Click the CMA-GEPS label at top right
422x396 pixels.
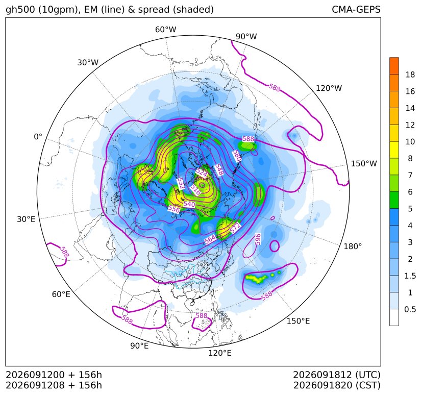[x=356, y=9]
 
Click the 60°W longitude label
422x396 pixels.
[x=165, y=30]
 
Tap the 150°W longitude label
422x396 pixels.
[x=364, y=164]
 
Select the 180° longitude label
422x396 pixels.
[x=353, y=246]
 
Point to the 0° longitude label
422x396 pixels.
[x=38, y=137]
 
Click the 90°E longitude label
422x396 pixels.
[x=139, y=346]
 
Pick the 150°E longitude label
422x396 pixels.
[x=298, y=321]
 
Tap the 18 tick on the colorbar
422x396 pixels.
[x=410, y=75]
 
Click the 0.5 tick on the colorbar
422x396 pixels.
[x=410, y=309]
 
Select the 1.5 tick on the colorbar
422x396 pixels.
[x=410, y=276]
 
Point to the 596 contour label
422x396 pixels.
[x=258, y=239]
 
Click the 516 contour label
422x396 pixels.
[x=195, y=190]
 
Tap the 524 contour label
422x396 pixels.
[x=202, y=173]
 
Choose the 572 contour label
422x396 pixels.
[x=235, y=228]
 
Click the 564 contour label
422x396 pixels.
[x=210, y=239]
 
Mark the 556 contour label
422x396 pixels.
[x=174, y=209]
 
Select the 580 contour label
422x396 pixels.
[x=237, y=156]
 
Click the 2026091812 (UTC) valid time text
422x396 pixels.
[x=337, y=375]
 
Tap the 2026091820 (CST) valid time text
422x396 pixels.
[x=337, y=385]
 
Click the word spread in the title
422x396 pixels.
[x=154, y=10]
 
